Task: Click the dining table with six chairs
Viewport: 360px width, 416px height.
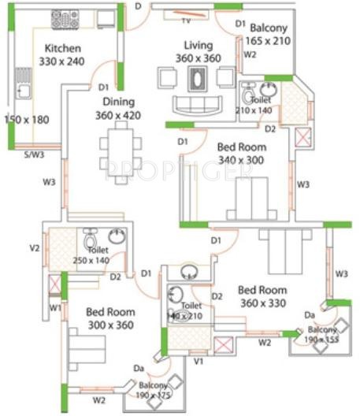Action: (x=117, y=153)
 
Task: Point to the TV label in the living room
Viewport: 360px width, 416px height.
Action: (x=187, y=21)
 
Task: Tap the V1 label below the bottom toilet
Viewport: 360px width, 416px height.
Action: (x=199, y=361)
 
